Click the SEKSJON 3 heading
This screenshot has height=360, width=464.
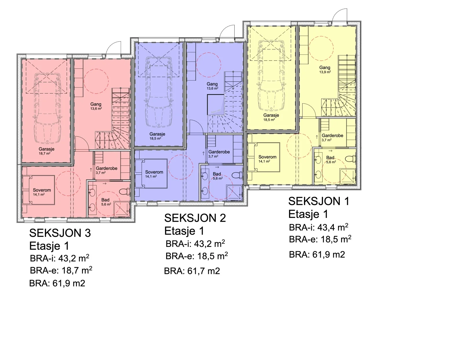pos(60,233)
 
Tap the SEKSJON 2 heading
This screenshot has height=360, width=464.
pos(195,218)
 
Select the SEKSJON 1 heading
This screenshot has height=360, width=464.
pos(319,201)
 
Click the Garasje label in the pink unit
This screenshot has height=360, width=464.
pos(47,149)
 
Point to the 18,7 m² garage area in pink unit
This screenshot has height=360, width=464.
pos(45,153)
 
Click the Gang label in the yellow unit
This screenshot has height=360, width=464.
pos(325,68)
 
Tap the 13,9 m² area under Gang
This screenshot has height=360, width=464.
pos(325,72)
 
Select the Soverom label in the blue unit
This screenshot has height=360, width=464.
pos(154,172)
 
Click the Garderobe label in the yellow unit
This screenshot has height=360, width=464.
pos(332,135)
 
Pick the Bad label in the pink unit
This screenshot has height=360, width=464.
pos(105,200)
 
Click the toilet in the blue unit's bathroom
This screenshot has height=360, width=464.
pos(238,175)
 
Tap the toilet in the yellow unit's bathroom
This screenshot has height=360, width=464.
pos(350,159)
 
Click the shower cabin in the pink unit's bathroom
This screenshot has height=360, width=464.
pos(122,209)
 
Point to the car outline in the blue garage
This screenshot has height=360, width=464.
pos(158,92)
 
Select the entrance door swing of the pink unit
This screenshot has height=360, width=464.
pos(113,48)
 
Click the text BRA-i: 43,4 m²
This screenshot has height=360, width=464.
pos(319,228)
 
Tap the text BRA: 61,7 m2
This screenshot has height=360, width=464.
pos(192,271)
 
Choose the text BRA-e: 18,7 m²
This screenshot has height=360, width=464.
pos(61,270)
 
